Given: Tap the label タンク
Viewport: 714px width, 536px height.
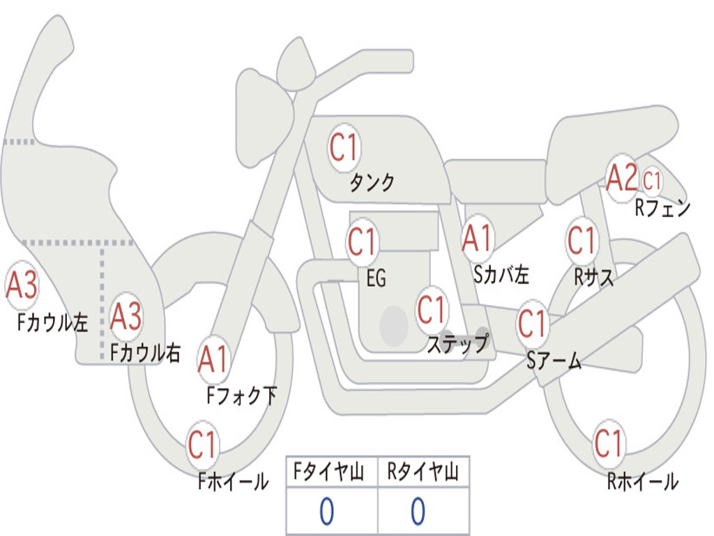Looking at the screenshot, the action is coord(372,183).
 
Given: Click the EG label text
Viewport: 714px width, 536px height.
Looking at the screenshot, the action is coord(376,279).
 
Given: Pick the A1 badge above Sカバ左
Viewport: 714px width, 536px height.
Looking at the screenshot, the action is coord(478,239).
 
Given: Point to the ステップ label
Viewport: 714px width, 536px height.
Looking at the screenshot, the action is coord(457,343).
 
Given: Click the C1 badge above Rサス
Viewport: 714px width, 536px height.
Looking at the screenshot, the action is coord(581,241).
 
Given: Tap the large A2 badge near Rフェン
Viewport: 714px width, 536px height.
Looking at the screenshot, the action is coord(621,179).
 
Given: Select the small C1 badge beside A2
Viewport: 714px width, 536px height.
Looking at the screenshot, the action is coord(652,181).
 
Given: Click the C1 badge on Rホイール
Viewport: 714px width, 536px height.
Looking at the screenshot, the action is coord(609,443).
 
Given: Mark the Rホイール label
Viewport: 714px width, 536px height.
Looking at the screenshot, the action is coord(642,482).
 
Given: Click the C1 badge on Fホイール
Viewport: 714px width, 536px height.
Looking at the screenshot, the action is coord(203,445).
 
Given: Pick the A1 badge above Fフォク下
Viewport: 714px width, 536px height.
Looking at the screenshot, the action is coord(213,360).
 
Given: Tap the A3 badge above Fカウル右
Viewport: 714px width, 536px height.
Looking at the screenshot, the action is coord(126,317).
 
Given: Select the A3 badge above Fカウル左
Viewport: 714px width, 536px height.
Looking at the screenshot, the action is coord(22,286).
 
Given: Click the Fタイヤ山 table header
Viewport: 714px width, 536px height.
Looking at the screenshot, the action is coord(331,473).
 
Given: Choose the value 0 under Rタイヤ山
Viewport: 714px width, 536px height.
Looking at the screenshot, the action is coord(418,512).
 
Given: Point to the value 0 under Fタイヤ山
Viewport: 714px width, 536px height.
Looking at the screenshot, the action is coord(326,512).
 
